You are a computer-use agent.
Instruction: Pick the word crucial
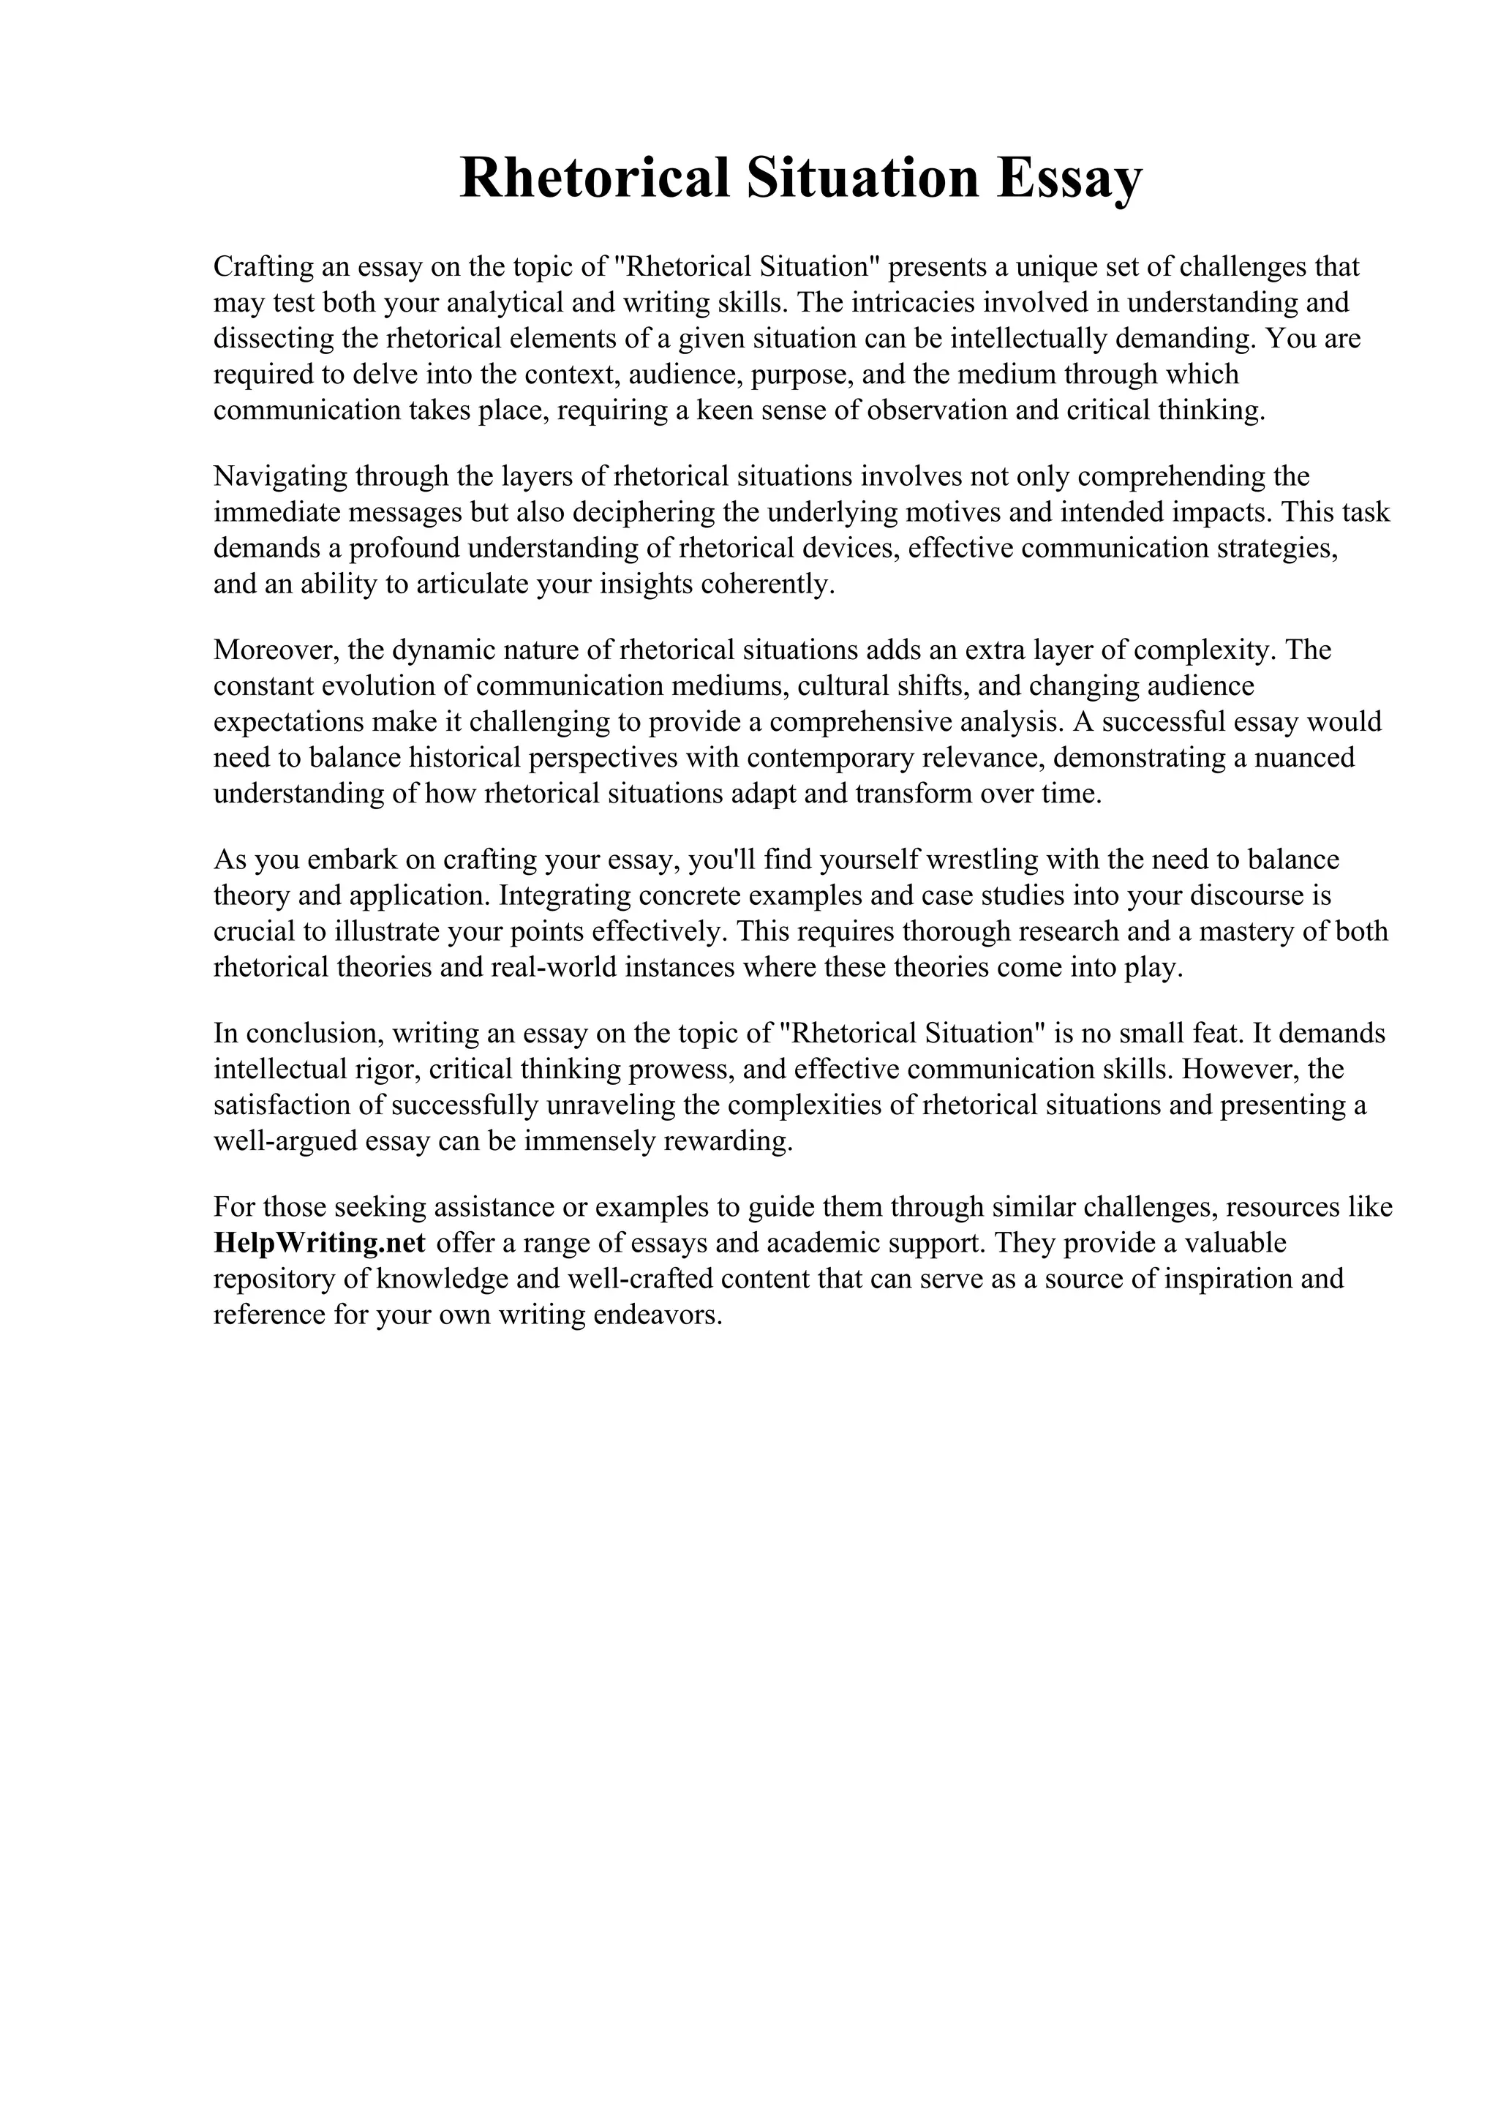[x=251, y=932]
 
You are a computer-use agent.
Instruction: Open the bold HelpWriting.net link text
[x=320, y=1244]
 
